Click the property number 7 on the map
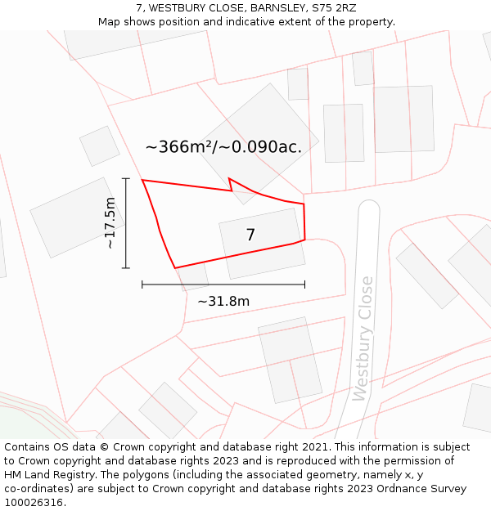point(250,235)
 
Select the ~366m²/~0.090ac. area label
point(223,147)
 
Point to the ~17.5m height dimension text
point(110,222)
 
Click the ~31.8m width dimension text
point(223,301)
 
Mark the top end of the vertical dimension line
point(126,178)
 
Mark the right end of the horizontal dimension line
point(304,285)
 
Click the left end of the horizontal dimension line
point(142,285)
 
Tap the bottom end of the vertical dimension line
point(126,267)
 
